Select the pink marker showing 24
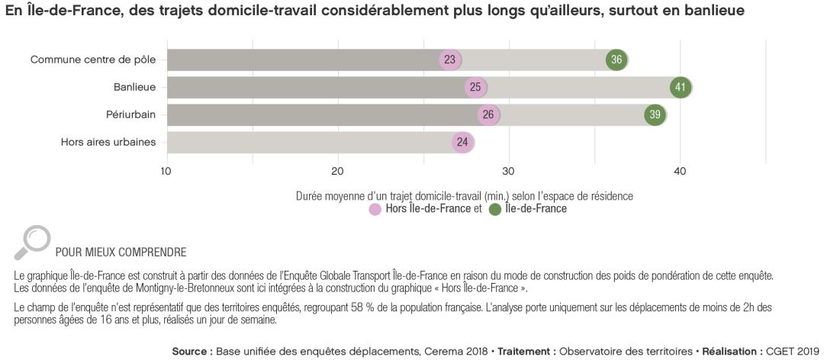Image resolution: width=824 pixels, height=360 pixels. [462, 142]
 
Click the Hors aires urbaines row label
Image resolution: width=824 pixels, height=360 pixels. [108, 142]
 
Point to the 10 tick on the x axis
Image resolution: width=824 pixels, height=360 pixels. [166, 170]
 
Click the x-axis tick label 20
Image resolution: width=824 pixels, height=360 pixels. [337, 170]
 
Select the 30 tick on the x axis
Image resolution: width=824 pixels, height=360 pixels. [509, 170]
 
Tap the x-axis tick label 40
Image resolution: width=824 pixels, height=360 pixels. [680, 170]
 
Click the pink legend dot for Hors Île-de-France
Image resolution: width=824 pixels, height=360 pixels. [375, 210]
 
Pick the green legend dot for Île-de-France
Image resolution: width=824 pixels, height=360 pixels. [495, 210]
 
